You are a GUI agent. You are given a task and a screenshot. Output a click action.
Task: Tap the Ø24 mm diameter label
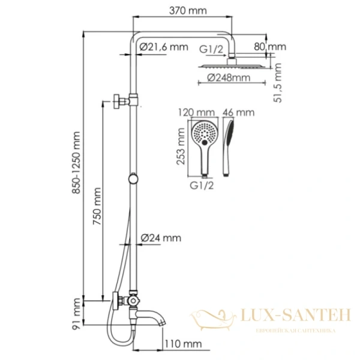click(x=160, y=238)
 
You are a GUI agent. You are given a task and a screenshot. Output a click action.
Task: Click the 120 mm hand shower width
click(x=197, y=112)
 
